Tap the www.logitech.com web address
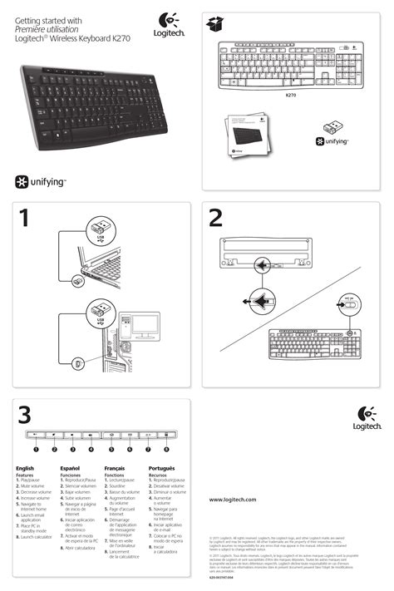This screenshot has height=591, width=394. [x=232, y=499]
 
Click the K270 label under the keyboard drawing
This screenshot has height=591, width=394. [x=291, y=95]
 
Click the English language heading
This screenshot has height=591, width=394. [x=25, y=469]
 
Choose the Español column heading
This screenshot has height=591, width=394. [x=71, y=469]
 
